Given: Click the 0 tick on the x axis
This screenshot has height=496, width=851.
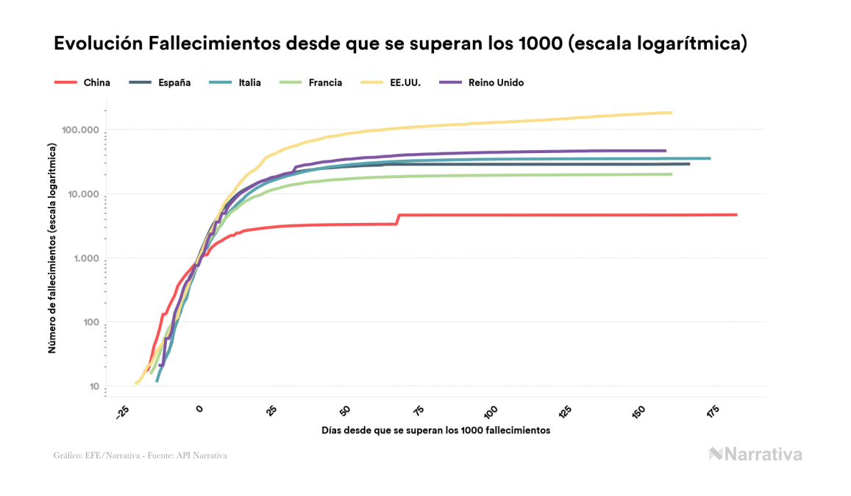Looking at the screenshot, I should [x=199, y=410].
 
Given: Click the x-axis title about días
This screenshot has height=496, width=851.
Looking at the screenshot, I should [x=436, y=431].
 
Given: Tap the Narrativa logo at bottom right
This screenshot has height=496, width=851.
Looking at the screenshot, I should [x=755, y=454].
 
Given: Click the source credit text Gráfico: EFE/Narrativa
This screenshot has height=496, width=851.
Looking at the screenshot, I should [x=140, y=456].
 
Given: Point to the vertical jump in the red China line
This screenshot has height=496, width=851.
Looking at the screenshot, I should [x=398, y=219].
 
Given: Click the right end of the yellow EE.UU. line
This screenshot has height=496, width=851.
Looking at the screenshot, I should [x=671, y=113].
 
